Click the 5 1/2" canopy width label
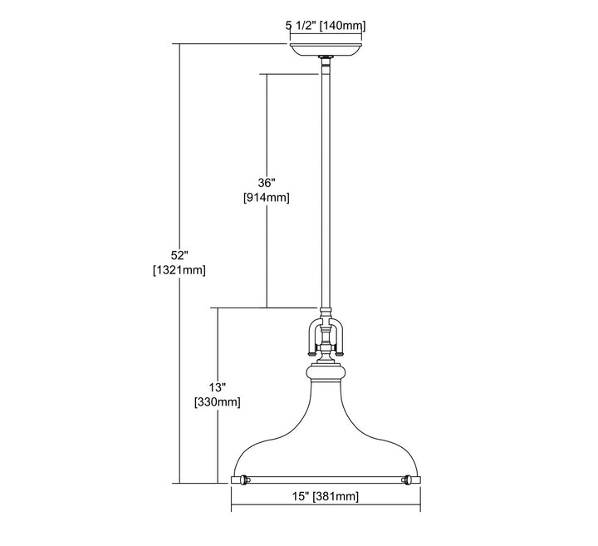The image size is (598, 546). [x=301, y=26]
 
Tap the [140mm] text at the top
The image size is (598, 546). [x=342, y=26]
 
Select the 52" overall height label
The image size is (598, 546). [x=179, y=255]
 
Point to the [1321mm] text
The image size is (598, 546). [x=179, y=270]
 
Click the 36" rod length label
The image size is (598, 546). [x=267, y=183]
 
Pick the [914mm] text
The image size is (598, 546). [x=267, y=198]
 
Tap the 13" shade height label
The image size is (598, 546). [x=218, y=387]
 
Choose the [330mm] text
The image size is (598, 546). [x=218, y=402]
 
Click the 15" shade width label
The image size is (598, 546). [x=301, y=496]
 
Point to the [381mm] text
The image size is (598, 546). [x=336, y=496]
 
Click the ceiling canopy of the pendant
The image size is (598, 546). [x=326, y=50]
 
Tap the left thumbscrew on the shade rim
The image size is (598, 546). [x=244, y=480]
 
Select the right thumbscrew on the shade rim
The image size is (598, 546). [x=408, y=480]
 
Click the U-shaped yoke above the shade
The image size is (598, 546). [x=326, y=337]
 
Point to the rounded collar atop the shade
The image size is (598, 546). [x=326, y=373]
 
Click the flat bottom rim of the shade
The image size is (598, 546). [x=326, y=480]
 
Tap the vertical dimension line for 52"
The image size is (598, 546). [x=179, y=263]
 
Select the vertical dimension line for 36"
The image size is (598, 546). [x=267, y=190]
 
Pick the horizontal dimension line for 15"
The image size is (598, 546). [x=326, y=504]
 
